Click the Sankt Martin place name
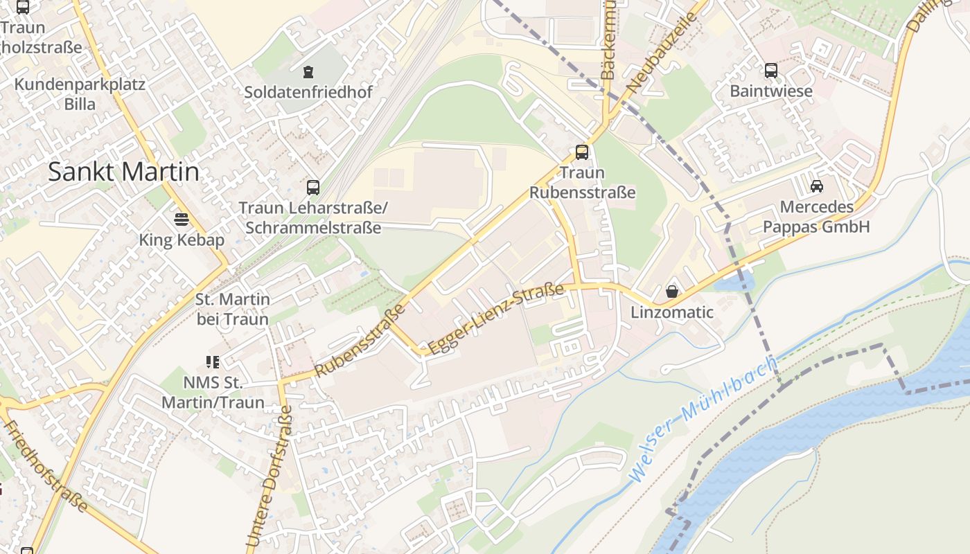pos(123,172)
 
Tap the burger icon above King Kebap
pos(182,220)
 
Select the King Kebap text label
pos(182,240)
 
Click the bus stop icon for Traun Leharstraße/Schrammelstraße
pos(313,187)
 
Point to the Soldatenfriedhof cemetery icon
pos(308,71)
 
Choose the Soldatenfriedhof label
pos(308,92)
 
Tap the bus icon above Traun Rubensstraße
pos(582,152)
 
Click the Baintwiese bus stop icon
pos(770,71)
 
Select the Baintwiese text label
pos(770,91)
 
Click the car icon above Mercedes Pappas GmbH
pos(816,186)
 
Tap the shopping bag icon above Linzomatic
pos(671,292)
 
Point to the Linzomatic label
pos(671,312)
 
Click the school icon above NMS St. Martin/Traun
pos(213,361)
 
